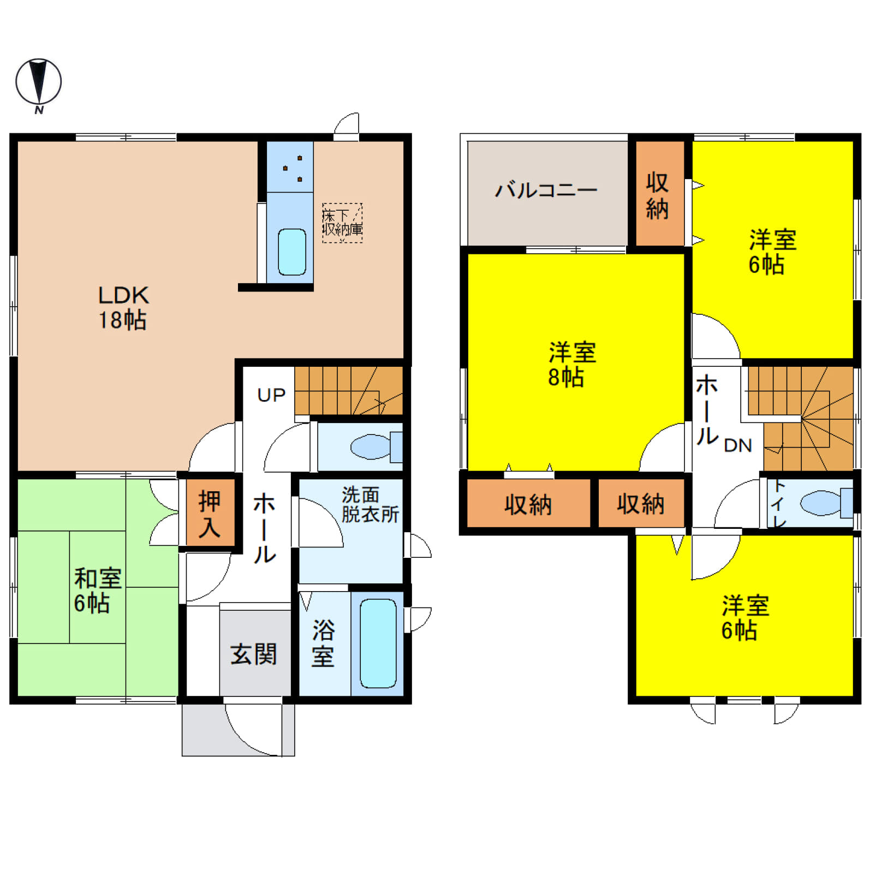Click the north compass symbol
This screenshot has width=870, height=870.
pyautogui.click(x=38, y=83)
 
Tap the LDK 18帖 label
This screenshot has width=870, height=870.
pyautogui.click(x=123, y=307)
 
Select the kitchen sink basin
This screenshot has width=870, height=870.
pyautogui.click(x=292, y=252)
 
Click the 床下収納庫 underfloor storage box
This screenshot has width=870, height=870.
pyautogui.click(x=342, y=223)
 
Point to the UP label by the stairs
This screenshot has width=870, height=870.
pyautogui.click(x=271, y=395)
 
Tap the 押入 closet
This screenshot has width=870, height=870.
pyautogui.click(x=210, y=513)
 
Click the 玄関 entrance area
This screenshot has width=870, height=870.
pyautogui.click(x=255, y=653)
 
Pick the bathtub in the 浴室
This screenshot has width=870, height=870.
pyautogui.click(x=378, y=643)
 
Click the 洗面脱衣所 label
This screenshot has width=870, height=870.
pyautogui.click(x=370, y=504)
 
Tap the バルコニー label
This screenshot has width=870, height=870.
pyautogui.click(x=546, y=190)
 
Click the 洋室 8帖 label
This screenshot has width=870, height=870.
pyautogui.click(x=572, y=364)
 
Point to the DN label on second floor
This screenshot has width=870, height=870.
pyautogui.click(x=738, y=445)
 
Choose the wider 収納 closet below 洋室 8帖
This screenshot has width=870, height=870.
pyautogui.click(x=528, y=503)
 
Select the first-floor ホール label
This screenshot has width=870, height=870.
pyautogui.click(x=265, y=528)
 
